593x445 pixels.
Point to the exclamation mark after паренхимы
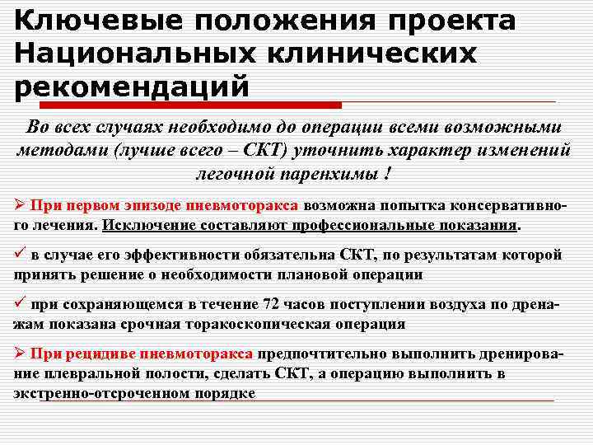(x=386, y=175)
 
